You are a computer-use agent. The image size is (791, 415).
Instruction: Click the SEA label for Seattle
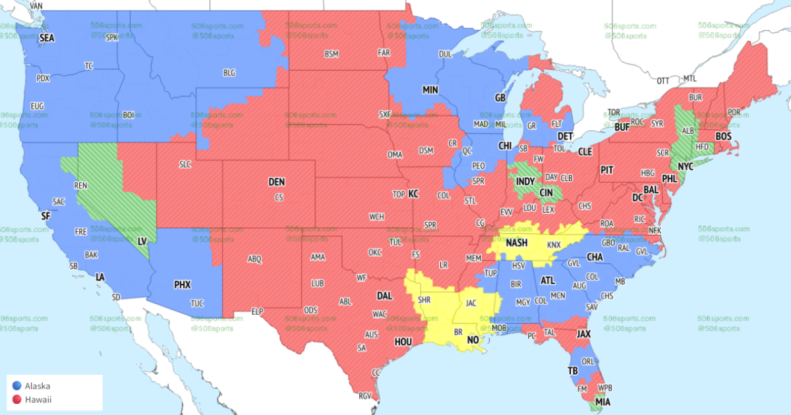[47, 38]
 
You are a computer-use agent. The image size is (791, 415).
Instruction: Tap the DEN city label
[276, 181]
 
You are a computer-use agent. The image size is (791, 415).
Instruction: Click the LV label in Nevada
[142, 242]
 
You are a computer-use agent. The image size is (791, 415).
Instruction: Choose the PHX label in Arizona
[182, 285]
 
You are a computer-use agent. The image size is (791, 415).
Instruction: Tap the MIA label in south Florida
[602, 401]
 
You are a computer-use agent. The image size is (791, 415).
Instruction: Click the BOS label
[724, 136]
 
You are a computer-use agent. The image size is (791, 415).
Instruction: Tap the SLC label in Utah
[184, 164]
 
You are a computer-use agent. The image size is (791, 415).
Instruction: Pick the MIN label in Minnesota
[430, 89]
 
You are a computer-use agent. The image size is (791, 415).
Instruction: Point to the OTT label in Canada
[662, 80]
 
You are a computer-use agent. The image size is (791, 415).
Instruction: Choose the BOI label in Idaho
[129, 115]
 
